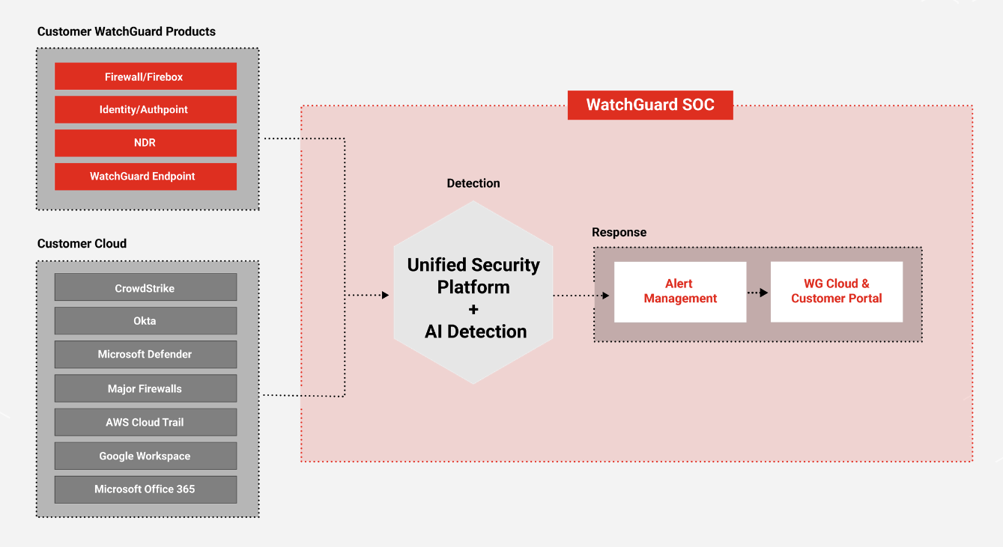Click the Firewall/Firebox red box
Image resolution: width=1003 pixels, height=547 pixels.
(x=145, y=76)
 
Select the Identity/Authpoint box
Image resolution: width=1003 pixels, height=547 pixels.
(x=145, y=109)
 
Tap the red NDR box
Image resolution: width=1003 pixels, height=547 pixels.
(x=145, y=143)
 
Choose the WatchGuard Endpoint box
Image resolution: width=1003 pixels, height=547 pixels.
(x=145, y=177)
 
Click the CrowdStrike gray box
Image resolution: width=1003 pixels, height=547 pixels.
(x=145, y=287)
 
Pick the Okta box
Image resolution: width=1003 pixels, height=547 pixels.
(x=145, y=321)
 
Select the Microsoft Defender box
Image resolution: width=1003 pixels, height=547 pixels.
(x=145, y=355)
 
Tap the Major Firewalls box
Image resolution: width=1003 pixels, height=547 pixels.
(x=145, y=388)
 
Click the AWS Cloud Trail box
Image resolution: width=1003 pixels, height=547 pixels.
(x=145, y=422)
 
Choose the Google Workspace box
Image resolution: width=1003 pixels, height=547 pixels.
(x=145, y=456)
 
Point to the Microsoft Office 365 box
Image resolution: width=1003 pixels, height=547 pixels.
(x=145, y=489)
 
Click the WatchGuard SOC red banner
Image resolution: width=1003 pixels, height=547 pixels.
(x=650, y=105)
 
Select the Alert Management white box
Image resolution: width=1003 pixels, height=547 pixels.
(x=680, y=292)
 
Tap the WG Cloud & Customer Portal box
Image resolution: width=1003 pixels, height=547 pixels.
(x=837, y=292)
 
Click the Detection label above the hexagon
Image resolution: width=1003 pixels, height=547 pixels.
(x=473, y=183)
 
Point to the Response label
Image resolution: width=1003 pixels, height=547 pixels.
(x=619, y=233)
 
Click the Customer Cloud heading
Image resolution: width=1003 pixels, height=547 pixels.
(x=82, y=244)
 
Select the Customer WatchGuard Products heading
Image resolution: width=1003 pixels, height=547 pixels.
(x=127, y=31)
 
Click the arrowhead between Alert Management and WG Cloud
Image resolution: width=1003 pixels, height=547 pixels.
(x=764, y=293)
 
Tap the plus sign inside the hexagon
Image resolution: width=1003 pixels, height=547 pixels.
(x=473, y=309)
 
